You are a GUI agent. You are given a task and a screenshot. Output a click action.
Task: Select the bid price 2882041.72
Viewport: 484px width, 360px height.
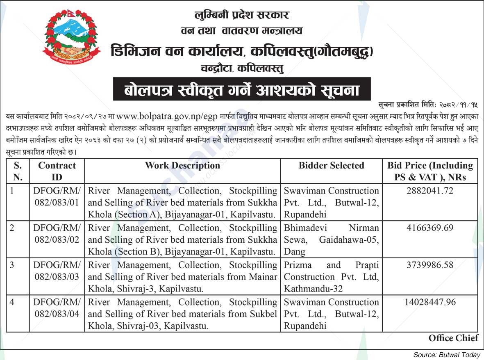click(x=430, y=191)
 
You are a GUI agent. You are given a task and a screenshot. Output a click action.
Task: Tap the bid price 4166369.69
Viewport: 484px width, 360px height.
click(x=430, y=228)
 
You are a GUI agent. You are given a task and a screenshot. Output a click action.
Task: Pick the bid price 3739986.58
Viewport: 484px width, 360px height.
click(x=430, y=265)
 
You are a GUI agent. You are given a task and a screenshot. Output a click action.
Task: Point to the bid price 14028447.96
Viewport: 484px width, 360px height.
click(x=430, y=302)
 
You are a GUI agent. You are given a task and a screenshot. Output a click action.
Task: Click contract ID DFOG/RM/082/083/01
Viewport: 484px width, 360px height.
click(x=57, y=196)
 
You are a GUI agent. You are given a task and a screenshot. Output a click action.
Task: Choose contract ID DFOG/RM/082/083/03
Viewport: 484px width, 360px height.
click(x=57, y=271)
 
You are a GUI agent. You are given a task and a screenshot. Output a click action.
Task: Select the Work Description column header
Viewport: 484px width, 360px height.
click(x=182, y=166)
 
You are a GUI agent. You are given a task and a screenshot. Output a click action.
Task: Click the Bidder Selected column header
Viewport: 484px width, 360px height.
click(x=331, y=166)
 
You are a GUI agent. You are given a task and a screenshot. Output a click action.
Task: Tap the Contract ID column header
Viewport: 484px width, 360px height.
click(x=57, y=171)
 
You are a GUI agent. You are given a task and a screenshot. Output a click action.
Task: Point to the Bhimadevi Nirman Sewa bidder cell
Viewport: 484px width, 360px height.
click(x=331, y=239)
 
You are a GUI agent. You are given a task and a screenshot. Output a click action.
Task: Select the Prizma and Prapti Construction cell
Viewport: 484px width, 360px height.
click(x=331, y=277)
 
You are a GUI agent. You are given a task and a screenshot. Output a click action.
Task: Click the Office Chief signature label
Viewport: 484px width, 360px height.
click(x=453, y=338)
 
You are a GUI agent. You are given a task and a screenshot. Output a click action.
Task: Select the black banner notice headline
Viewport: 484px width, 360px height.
click(x=242, y=89)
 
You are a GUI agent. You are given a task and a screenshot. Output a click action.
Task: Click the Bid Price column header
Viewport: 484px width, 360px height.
click(x=430, y=171)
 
